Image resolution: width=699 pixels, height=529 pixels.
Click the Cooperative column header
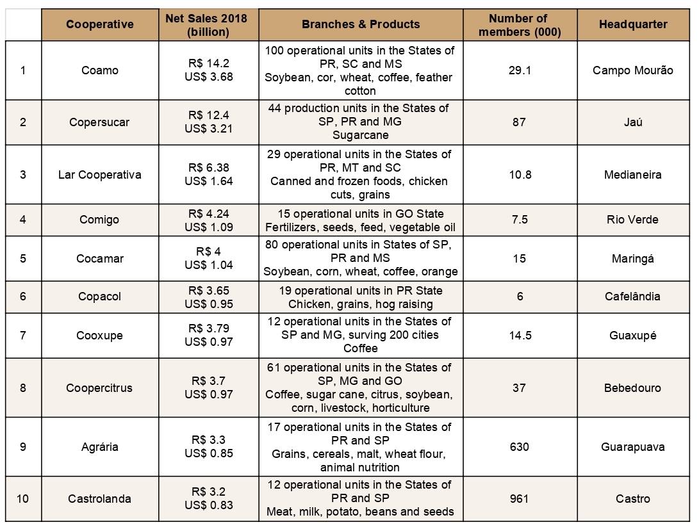pyautogui.click(x=100, y=24)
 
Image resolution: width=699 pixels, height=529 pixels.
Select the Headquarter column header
pyautogui.click(x=633, y=24)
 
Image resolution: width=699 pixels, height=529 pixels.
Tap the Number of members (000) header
pyautogui.click(x=520, y=25)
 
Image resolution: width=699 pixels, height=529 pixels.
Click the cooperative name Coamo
pyautogui.click(x=100, y=70)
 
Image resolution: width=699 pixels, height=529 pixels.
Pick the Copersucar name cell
pyautogui.click(x=99, y=122)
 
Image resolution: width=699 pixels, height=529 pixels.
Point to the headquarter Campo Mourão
pyautogui.click(x=633, y=70)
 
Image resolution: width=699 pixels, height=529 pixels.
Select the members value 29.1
pyautogui.click(x=520, y=70)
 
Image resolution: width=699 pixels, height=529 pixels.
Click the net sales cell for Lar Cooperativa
pyautogui.click(x=209, y=174)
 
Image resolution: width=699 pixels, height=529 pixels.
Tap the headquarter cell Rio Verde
pyautogui.click(x=632, y=219)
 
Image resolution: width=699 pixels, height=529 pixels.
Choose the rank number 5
pyautogui.click(x=23, y=259)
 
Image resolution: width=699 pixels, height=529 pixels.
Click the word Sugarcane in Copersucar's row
pyautogui.click(x=361, y=135)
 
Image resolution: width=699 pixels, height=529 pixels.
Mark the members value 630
pyautogui.click(x=520, y=446)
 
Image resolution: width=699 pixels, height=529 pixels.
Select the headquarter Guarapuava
pyautogui.click(x=633, y=446)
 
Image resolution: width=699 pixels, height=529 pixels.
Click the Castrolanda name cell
pyautogui.click(x=99, y=498)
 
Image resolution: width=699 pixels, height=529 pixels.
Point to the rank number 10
pyautogui.click(x=22, y=498)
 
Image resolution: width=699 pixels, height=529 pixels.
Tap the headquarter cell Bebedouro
pyautogui.click(x=632, y=387)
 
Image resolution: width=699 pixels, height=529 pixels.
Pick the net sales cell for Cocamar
pyautogui.click(x=209, y=258)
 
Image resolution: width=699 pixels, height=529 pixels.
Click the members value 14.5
pyautogui.click(x=520, y=335)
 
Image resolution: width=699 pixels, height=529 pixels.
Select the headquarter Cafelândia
pyautogui.click(x=632, y=297)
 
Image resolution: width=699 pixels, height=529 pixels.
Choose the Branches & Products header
pyautogui.click(x=361, y=24)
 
